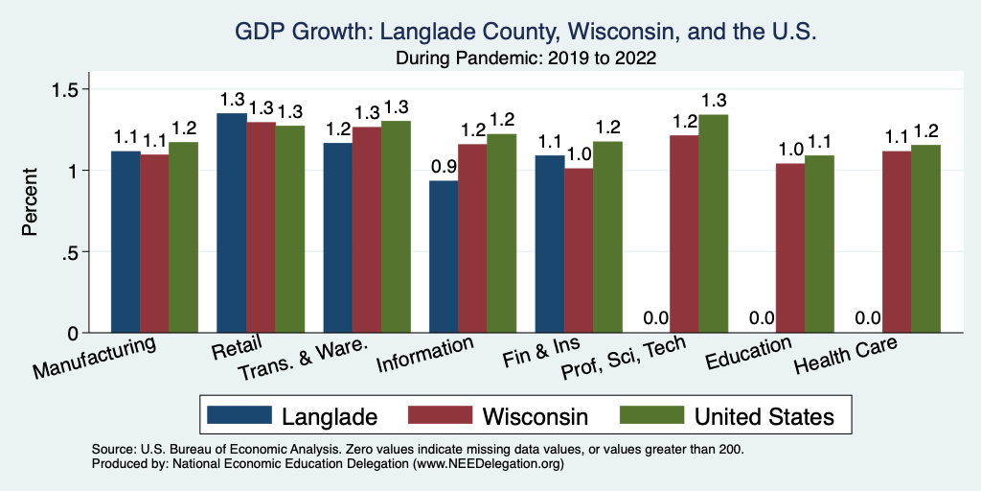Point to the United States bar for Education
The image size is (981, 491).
(819, 244)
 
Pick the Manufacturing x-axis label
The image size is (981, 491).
(94, 358)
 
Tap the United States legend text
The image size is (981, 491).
(764, 416)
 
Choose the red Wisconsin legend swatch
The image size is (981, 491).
(441, 416)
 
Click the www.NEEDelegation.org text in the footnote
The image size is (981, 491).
(488, 463)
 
